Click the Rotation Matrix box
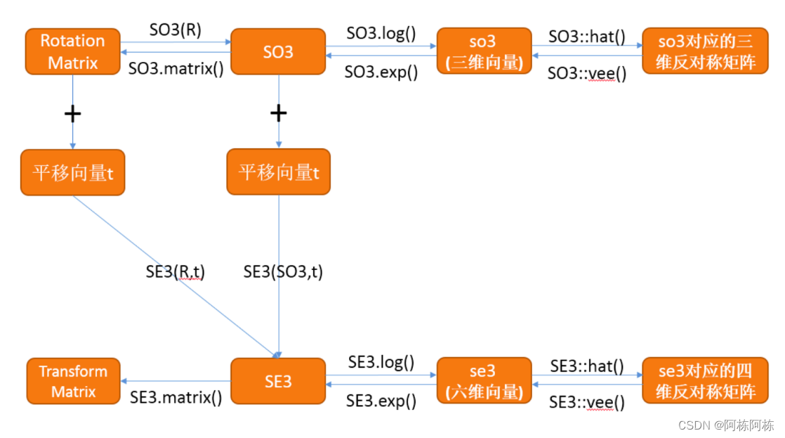[x=72, y=51]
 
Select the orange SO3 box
[x=278, y=51]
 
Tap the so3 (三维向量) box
[x=484, y=51]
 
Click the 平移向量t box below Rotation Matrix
[x=72, y=172]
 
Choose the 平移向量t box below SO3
[x=278, y=172]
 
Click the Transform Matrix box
[x=73, y=381]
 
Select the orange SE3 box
[x=278, y=381]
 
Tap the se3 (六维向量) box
[x=484, y=381]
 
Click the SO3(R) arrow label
[x=175, y=30]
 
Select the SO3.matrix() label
[x=176, y=70]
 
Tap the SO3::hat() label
[x=586, y=36]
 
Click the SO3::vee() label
[x=586, y=72]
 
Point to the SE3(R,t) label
[x=176, y=272]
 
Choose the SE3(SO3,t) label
[x=283, y=272]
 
